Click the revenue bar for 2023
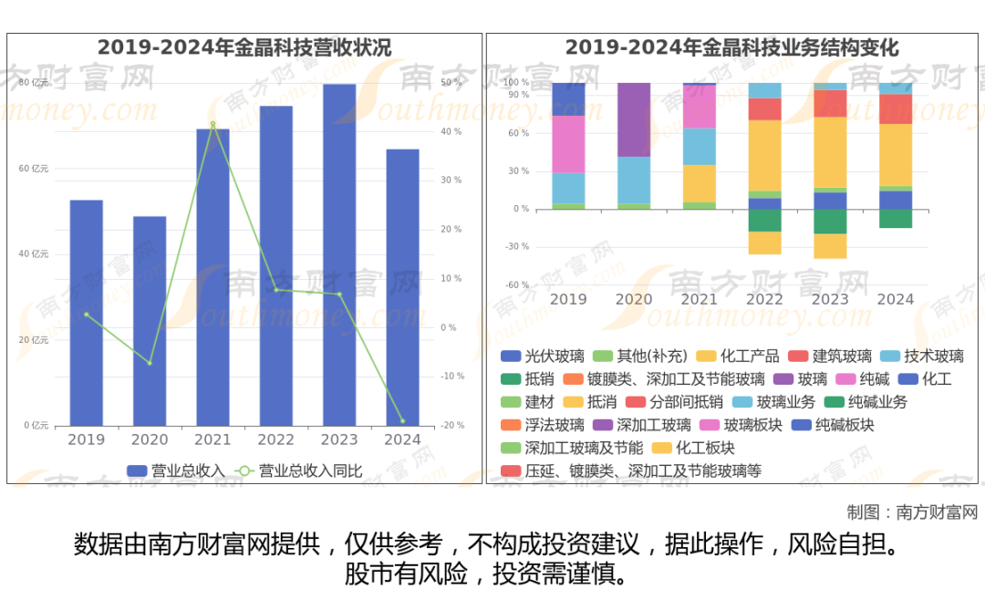[339, 255]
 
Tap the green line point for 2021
[213, 124]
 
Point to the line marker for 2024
[402, 421]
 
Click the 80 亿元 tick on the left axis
[34, 83]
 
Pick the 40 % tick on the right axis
[451, 131]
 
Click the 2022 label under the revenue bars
[275, 439]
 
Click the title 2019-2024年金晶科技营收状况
[244, 47]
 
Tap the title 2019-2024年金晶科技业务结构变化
[731, 47]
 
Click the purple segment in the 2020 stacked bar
[634, 119]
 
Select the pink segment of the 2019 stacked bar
[568, 144]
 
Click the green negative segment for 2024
[896, 219]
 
